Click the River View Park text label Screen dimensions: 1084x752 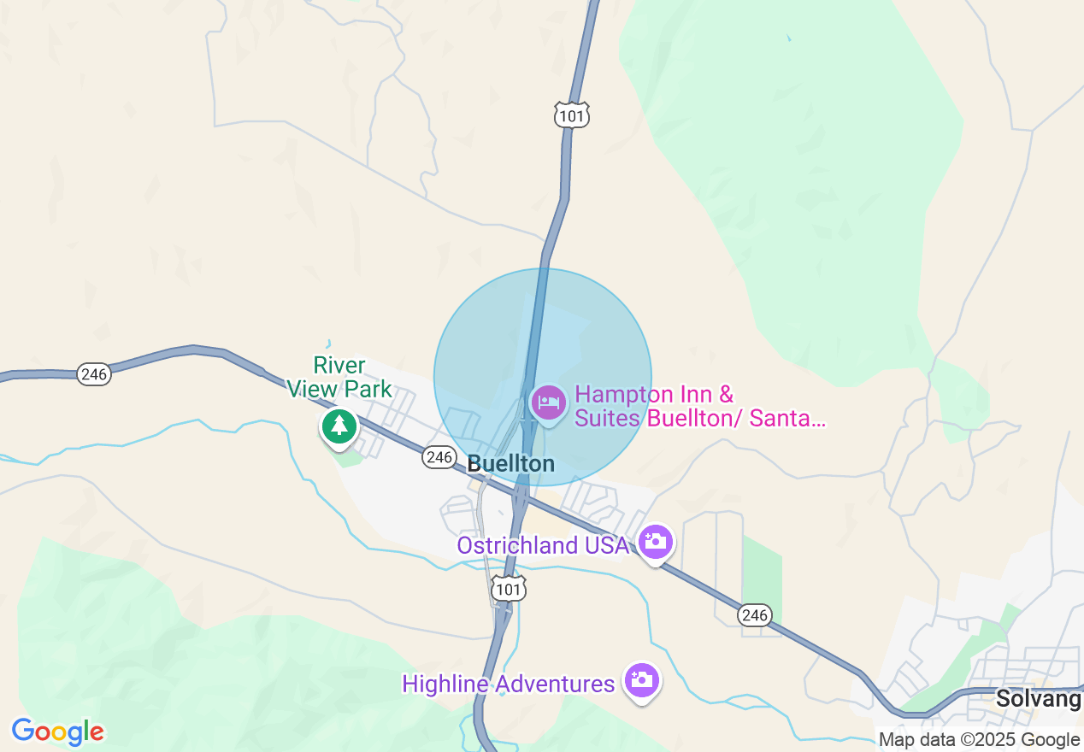[339, 378]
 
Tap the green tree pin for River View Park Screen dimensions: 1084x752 [339, 425]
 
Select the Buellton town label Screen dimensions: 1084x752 [511, 464]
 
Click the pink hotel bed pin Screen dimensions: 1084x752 [548, 402]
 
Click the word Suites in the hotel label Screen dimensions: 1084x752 [608, 419]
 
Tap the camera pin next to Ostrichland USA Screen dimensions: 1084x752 [656, 542]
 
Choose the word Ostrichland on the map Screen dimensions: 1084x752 [517, 545]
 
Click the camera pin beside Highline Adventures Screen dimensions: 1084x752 [641, 681]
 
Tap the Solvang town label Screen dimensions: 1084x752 [1038, 699]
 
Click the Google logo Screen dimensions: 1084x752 [58, 731]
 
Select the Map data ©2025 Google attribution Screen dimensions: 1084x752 [980, 740]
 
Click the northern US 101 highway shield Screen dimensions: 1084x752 [572, 115]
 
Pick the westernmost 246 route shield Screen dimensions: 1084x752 [93, 373]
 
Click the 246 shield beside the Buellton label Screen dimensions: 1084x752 [439, 458]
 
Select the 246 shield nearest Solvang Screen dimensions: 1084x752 [756, 615]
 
